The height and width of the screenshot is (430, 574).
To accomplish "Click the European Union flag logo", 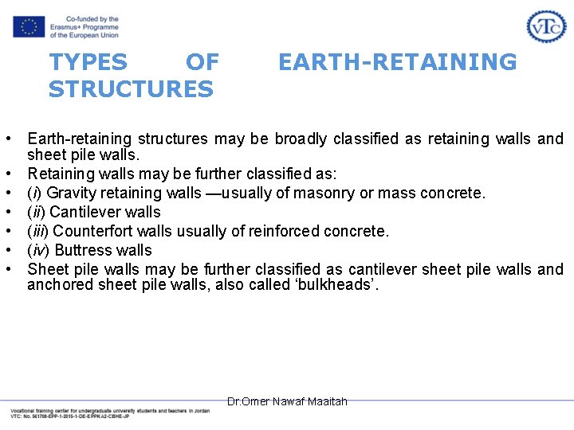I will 29,26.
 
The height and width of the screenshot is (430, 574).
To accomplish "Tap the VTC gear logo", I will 546,26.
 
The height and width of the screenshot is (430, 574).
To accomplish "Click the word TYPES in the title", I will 88,62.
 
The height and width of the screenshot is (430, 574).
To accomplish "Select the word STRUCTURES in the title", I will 131,89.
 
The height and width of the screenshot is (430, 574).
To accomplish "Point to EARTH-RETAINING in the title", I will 397,62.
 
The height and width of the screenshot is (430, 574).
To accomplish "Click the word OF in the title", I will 202,62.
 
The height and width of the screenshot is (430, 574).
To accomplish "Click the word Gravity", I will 71,193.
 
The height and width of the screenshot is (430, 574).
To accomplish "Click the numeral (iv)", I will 38,250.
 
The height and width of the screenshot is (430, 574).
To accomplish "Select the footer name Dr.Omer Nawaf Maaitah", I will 287,401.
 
